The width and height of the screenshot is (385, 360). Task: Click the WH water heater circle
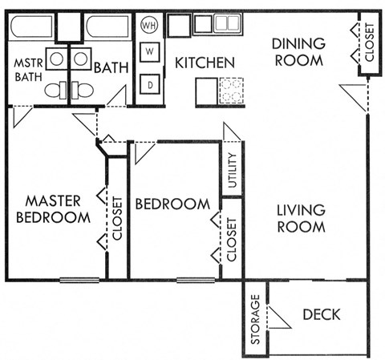coord(149,25)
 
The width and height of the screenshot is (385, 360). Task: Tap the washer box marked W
coord(149,54)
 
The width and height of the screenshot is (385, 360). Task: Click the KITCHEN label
coord(205,63)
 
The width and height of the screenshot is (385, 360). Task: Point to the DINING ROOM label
coord(297,51)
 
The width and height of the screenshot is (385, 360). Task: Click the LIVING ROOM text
coord(301,218)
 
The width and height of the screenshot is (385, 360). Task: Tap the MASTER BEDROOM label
coord(55,208)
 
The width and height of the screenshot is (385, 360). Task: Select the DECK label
coord(322,314)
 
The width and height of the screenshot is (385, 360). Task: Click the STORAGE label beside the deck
coord(255,321)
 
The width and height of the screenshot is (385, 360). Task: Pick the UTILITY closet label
coord(232,169)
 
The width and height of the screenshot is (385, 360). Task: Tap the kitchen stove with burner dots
coord(230,91)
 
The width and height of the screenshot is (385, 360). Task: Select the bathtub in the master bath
coord(31,26)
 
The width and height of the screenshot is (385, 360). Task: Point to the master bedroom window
coord(79,280)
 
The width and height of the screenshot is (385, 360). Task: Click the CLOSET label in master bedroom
coord(117,219)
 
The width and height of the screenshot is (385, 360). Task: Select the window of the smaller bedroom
coord(196,280)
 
